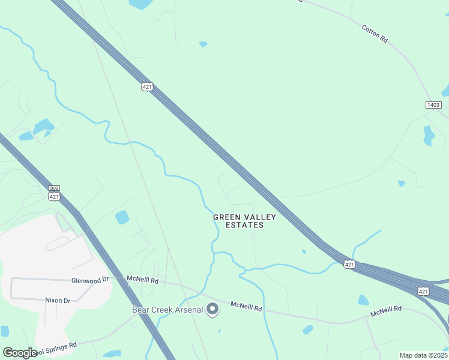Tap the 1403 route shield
click(x=433, y=105)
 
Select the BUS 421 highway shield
click(x=55, y=193)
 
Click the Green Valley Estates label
click(x=244, y=221)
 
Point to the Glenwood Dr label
click(x=89, y=280)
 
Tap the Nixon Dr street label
click(x=58, y=300)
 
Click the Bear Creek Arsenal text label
click(x=167, y=310)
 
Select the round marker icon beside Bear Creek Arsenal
click(x=212, y=310)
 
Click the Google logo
click(x=20, y=352)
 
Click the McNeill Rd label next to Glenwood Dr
click(x=142, y=280)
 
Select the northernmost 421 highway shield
click(x=148, y=87)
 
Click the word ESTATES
click(x=244, y=225)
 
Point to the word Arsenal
click(x=188, y=310)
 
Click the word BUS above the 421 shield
click(x=55, y=188)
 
